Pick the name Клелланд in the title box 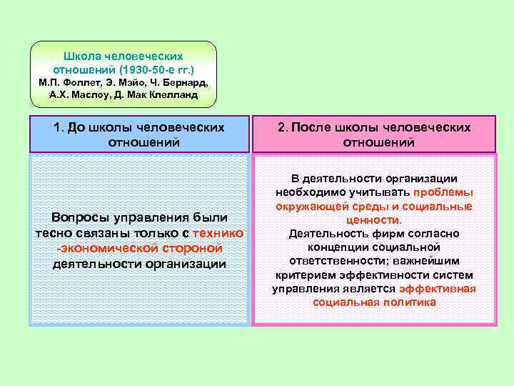173,94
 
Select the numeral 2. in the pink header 282,127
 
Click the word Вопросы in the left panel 82,217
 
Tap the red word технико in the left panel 218,232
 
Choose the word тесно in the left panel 53,232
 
